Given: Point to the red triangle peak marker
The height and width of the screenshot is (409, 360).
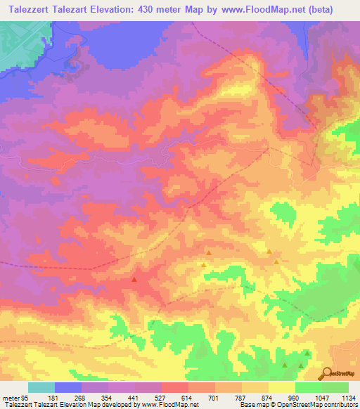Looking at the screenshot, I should coord(134,279).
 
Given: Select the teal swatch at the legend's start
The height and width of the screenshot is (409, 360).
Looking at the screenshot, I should coord(41,388).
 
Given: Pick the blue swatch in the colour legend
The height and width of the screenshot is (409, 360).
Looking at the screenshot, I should coord(68,388).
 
